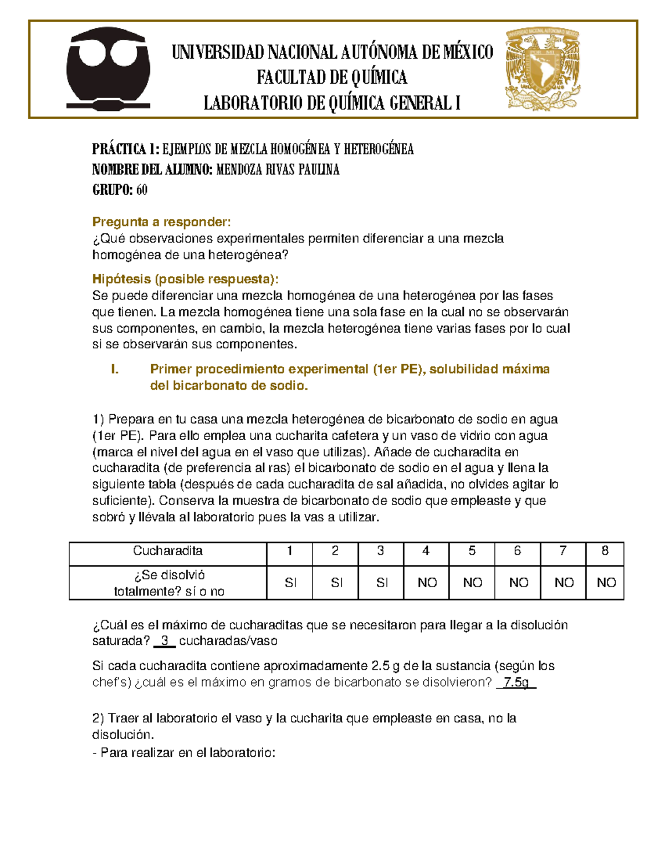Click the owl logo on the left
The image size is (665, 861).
(x=108, y=69)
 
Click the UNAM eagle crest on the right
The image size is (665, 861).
(x=543, y=69)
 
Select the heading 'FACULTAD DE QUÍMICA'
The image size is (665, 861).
(x=332, y=78)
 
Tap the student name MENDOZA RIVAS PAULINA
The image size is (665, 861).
(x=277, y=170)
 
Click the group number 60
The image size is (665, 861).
(x=142, y=190)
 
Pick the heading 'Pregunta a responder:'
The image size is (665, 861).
(x=161, y=222)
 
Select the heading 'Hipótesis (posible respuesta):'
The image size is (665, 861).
(x=186, y=279)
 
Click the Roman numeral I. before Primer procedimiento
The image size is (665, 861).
(x=115, y=369)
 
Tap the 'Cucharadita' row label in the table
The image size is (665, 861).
(x=167, y=551)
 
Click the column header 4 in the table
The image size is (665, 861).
(x=426, y=551)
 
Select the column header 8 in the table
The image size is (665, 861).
(x=605, y=551)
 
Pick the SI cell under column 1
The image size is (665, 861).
(x=290, y=583)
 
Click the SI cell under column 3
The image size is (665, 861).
(x=382, y=583)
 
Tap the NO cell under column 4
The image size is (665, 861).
(x=427, y=583)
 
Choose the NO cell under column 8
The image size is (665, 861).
(x=606, y=583)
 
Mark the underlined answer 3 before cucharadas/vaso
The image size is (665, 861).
(x=165, y=641)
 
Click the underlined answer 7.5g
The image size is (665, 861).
(x=516, y=682)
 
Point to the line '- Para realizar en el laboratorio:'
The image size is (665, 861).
(x=184, y=753)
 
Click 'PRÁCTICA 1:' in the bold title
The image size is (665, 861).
(x=126, y=149)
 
